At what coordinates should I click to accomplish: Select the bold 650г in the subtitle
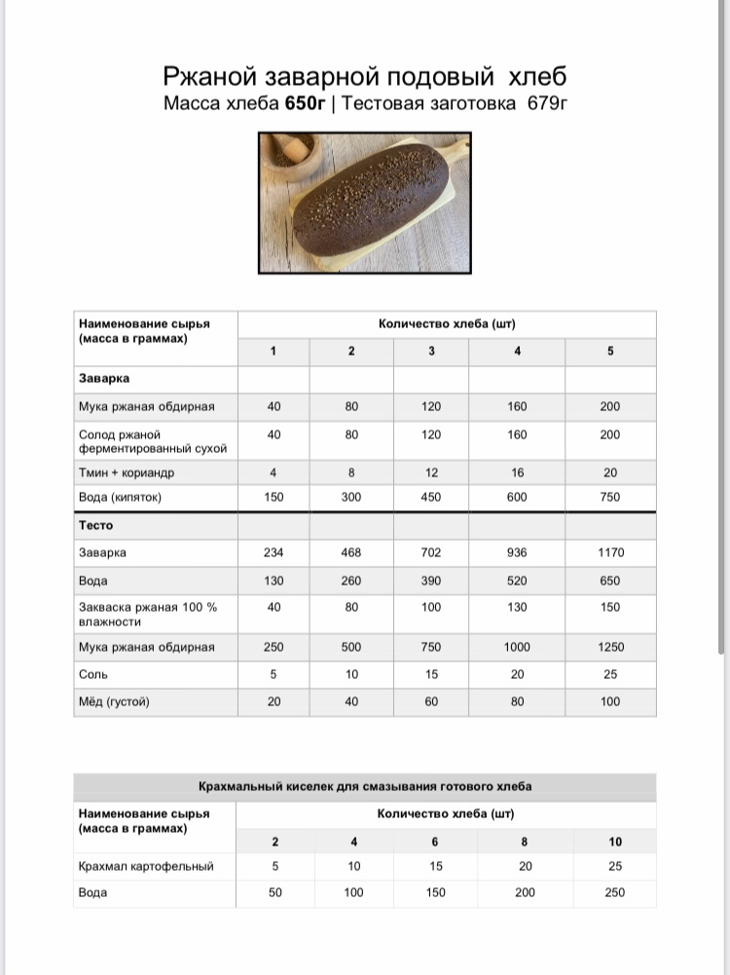point(305,104)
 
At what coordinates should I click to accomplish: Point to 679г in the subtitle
point(546,104)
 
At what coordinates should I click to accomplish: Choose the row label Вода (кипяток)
point(120,498)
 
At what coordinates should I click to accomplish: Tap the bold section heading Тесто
point(96,525)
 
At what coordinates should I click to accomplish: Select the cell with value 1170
point(610,552)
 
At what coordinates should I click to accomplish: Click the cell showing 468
point(351,552)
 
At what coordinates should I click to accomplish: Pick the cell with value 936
point(517,552)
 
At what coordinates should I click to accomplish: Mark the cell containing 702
point(431,552)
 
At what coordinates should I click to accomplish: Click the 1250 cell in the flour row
point(610,647)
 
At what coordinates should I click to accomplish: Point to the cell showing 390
point(431,581)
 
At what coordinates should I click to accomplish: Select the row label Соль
point(93,674)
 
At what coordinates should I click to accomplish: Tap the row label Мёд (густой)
point(114,701)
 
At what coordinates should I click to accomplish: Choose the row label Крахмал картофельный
point(146,866)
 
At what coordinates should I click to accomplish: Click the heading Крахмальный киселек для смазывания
point(365,786)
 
